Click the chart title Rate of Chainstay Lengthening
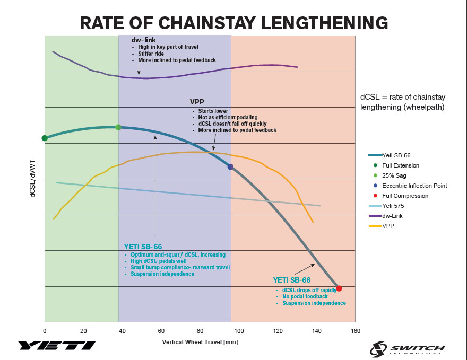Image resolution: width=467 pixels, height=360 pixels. [x=233, y=23]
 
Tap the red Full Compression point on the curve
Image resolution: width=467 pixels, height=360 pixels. [x=339, y=288]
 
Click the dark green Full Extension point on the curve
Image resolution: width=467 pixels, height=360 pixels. [x=45, y=138]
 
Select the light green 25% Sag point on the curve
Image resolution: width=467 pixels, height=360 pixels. [x=118, y=127]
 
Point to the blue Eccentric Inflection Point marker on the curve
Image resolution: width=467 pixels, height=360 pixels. [x=230, y=166]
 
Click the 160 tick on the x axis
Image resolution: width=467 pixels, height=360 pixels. [x=355, y=331]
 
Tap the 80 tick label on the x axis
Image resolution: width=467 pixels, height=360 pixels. [x=200, y=331]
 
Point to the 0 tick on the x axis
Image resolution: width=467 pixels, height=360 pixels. [x=45, y=331]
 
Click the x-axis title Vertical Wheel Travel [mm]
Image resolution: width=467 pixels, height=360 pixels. [x=200, y=343]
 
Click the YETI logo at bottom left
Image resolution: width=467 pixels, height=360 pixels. [x=57, y=346]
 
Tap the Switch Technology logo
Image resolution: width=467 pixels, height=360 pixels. [x=408, y=348]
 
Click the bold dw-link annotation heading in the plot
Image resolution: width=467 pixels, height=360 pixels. [x=143, y=40]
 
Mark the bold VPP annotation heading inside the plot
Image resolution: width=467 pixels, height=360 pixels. [x=197, y=102]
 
